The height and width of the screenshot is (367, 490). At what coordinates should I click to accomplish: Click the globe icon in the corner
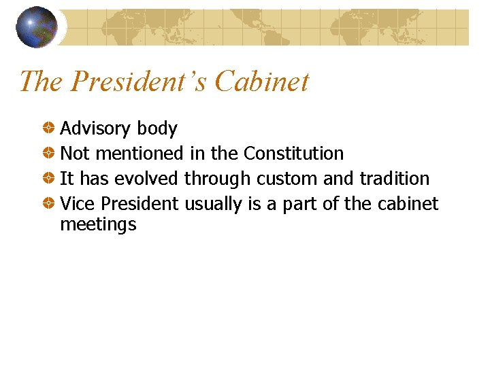(x=36, y=27)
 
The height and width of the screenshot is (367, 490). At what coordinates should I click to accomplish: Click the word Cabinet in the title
(x=261, y=82)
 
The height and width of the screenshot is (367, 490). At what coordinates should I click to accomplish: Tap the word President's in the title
(x=140, y=82)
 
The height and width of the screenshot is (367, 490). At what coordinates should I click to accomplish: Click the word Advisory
(x=96, y=129)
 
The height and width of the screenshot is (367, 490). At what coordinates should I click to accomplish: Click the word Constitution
(x=293, y=154)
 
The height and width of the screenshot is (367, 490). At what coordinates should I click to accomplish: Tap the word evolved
(x=146, y=179)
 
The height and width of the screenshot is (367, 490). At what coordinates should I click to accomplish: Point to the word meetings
(x=98, y=225)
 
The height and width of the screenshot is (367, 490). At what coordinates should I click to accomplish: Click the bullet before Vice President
(x=50, y=203)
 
